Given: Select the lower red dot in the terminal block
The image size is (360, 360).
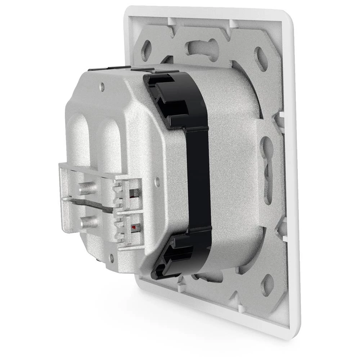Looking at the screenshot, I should pyautogui.click(x=134, y=228).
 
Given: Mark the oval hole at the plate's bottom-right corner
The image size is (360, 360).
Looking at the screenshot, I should pyautogui.click(x=267, y=284).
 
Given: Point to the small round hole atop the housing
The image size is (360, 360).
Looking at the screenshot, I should pyautogui.click(x=102, y=86).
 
